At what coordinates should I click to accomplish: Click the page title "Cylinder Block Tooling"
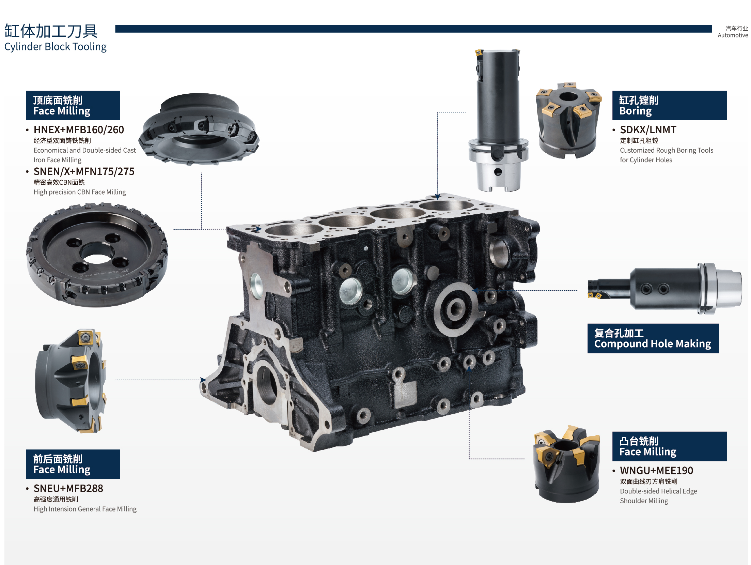pos(55,47)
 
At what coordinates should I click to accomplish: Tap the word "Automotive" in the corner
pos(733,35)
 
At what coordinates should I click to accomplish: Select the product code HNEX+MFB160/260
pos(79,130)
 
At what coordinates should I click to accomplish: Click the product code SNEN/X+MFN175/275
pos(84,171)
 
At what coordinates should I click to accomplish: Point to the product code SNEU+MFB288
pos(68,489)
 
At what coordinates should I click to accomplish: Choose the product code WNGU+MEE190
pos(656,471)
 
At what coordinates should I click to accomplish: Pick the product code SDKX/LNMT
pos(648,130)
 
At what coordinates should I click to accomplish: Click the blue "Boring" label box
pos(670,105)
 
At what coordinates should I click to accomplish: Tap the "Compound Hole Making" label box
pos(653,338)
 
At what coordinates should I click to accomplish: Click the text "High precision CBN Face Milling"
pos(80,192)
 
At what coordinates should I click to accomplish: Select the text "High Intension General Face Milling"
pos(85,509)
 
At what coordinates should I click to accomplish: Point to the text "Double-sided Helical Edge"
pos(658,491)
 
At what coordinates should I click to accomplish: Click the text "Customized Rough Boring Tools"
pos(667,150)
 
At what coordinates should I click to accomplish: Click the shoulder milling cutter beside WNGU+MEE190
pos(566,464)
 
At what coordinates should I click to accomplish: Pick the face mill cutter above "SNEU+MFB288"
pos(71,381)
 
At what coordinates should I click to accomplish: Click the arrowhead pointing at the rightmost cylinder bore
pos(438,197)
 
